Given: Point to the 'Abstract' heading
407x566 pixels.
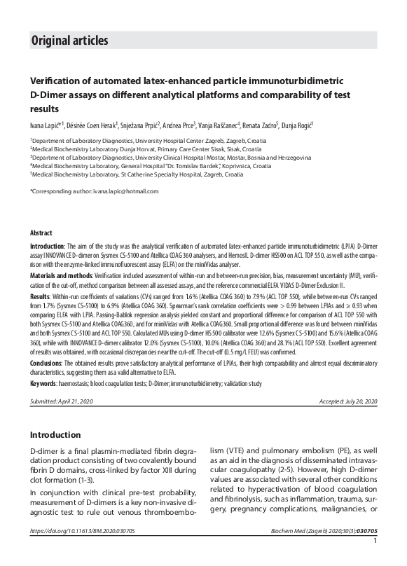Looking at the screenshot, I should tap(41, 231).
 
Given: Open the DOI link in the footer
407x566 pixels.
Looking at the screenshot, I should tap(83, 551).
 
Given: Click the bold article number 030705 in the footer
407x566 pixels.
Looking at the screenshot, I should tap(366, 551).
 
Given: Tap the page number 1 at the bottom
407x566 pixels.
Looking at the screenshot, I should tap(376, 559).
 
